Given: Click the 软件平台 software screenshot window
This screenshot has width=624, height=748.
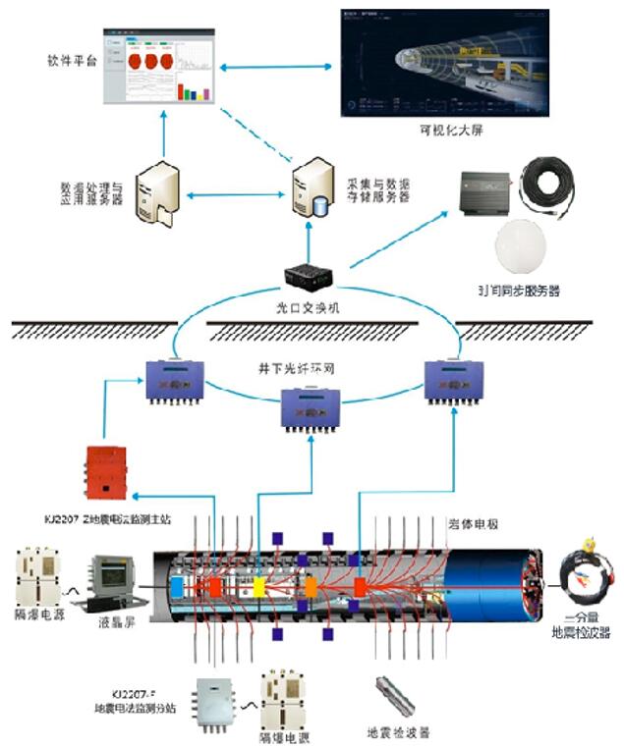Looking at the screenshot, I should click(x=160, y=68).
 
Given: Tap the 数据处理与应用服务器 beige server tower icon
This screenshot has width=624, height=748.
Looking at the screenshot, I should click(x=158, y=193).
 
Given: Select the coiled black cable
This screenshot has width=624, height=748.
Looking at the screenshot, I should click(x=556, y=183).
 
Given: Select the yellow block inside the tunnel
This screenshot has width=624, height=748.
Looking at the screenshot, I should click(x=260, y=587).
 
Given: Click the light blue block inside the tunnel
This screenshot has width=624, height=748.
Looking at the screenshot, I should click(x=178, y=586).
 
